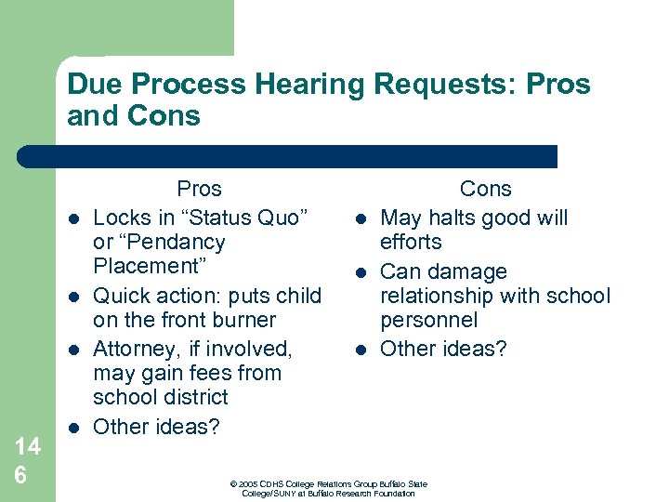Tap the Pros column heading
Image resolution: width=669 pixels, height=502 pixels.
pyautogui.click(x=199, y=189)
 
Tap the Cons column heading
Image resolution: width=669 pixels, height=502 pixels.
pyautogui.click(x=485, y=189)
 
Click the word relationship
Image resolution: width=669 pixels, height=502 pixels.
pyautogui.click(x=436, y=297)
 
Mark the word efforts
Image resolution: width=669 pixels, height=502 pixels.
pyautogui.click(x=411, y=243)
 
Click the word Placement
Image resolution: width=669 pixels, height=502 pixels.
pyautogui.click(x=149, y=267)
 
